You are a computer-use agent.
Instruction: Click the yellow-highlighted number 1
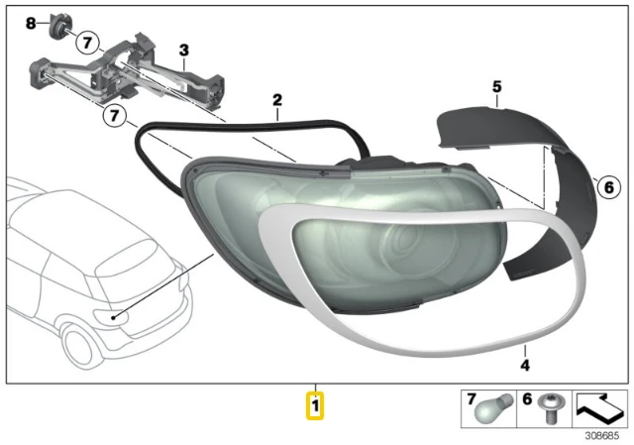[315, 405]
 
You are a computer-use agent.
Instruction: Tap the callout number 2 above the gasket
[277, 100]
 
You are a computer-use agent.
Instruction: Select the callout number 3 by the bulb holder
[184, 51]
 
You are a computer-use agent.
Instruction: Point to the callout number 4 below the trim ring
[525, 366]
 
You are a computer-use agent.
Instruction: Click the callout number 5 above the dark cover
[497, 86]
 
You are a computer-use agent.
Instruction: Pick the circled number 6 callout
[608, 187]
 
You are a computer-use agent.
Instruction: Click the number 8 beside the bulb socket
[31, 24]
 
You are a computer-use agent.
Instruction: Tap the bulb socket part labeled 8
[57, 26]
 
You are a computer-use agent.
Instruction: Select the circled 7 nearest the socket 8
[88, 42]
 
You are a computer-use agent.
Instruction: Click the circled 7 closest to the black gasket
[115, 116]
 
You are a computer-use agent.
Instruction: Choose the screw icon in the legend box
[548, 408]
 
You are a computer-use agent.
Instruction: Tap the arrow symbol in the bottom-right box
[598, 407]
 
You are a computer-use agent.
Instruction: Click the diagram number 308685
[601, 435]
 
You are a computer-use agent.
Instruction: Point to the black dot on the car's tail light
[114, 317]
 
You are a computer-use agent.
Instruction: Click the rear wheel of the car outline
[76, 347]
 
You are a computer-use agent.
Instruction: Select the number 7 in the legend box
[472, 399]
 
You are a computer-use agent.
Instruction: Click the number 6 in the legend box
[527, 399]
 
